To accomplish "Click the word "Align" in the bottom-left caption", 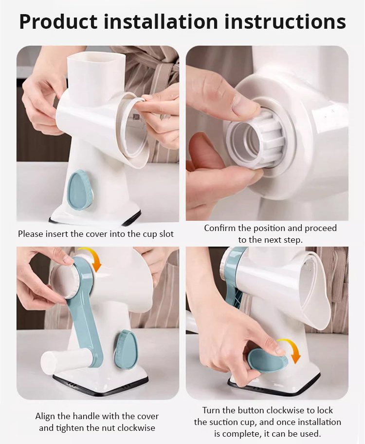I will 47,416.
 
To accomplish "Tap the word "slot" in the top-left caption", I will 164,234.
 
